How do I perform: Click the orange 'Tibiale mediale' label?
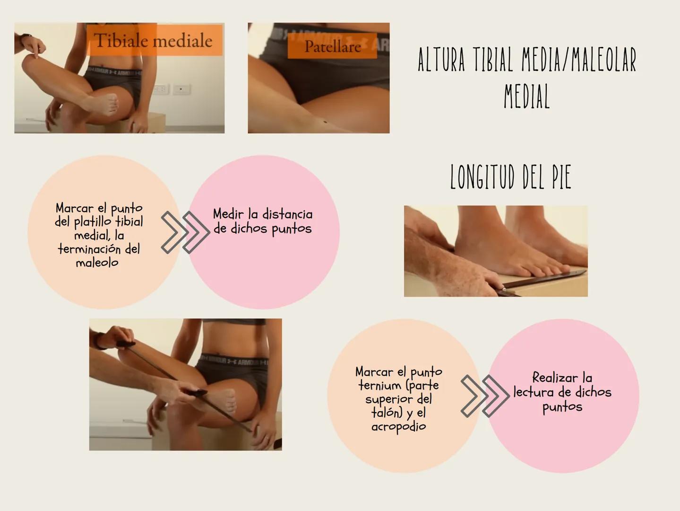(154, 40)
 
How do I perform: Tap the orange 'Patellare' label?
(332, 46)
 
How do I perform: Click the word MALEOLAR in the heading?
(604, 60)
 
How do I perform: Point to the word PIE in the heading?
(562, 177)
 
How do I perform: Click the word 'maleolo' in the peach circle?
(97, 263)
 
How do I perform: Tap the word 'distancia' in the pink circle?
(287, 214)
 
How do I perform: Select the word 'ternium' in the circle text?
(380, 386)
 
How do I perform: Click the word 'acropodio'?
(398, 427)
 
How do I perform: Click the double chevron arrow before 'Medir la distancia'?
(185, 233)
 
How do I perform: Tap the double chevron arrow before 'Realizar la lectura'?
(485, 396)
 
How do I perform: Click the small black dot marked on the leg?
(325, 122)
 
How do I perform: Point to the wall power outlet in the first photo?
(182, 89)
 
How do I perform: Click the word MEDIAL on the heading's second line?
(526, 96)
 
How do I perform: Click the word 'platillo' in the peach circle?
(92, 222)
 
